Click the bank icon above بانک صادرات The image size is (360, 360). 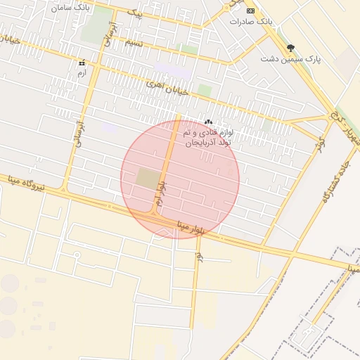click(x=250, y=11)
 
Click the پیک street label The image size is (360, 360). click(x=135, y=14)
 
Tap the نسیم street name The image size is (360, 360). click(x=134, y=43)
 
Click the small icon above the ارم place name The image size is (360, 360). click(x=82, y=63)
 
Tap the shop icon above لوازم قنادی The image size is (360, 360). click(x=208, y=122)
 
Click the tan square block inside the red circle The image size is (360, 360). click(x=148, y=178)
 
